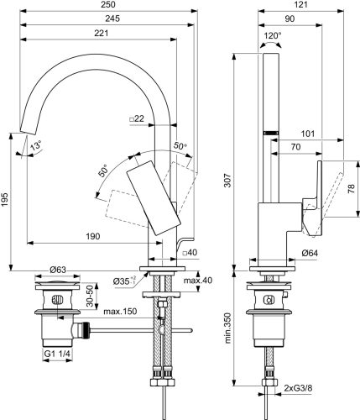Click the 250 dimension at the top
point(107,6)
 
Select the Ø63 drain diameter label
point(57,269)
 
